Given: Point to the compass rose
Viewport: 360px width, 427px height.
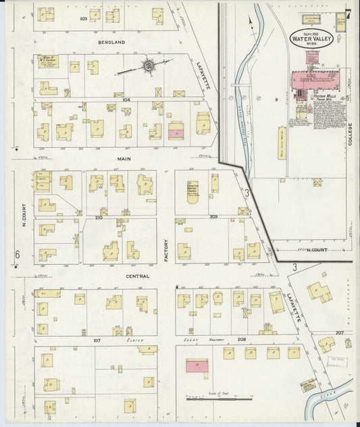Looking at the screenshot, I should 147,66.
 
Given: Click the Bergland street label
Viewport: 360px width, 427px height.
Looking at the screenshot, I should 111,42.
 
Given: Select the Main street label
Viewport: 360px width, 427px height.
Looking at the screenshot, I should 123,159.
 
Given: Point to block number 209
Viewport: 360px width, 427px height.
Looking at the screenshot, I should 213,217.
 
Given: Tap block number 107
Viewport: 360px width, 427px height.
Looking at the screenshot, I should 97,340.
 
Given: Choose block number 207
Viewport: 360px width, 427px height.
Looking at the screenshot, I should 340,333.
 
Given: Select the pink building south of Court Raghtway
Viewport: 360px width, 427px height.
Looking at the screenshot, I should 197,366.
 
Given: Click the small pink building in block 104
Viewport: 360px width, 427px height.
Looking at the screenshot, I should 176,130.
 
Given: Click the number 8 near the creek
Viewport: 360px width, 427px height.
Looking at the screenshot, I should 276,99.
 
